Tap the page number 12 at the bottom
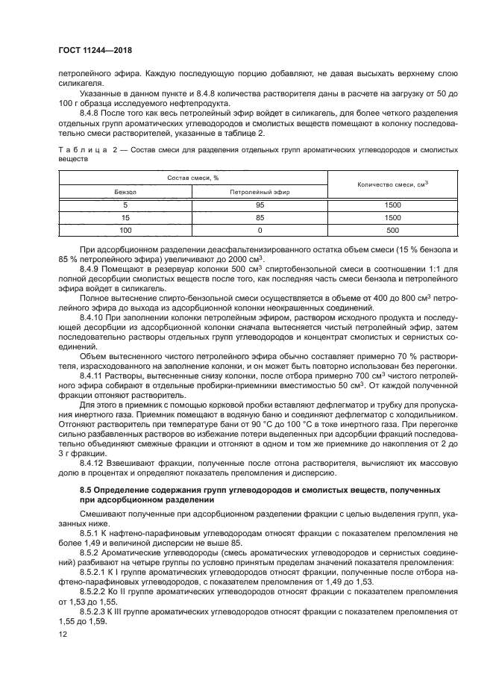pyautogui.click(x=63, y=635)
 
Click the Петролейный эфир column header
pyautogui.click(x=260, y=191)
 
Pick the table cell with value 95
pyautogui.click(x=260, y=205)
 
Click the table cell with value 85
pyautogui.click(x=260, y=217)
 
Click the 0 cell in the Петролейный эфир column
pyautogui.click(x=260, y=231)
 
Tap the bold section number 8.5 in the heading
pyautogui.click(x=85, y=489)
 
